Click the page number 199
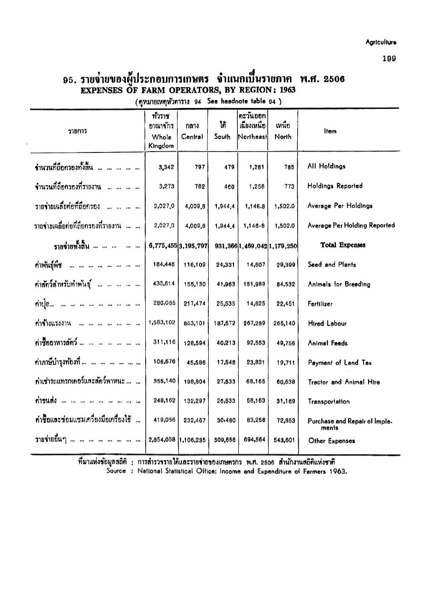[389, 59]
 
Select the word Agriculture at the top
[381, 42]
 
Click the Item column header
[330, 131]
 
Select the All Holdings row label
[326, 166]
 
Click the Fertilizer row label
[320, 304]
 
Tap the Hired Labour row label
[327, 323]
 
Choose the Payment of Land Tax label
[339, 362]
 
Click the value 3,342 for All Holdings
[166, 167]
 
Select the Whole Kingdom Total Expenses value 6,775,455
[163, 245]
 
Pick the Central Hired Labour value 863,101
[195, 324]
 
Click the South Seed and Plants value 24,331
[226, 265]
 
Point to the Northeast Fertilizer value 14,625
[256, 304]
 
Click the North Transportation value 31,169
[285, 401]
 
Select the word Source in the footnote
[116, 471]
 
